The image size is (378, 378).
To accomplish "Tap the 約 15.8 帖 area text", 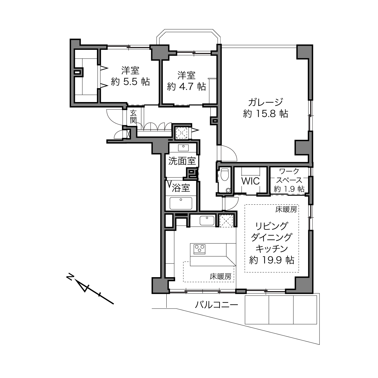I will (265, 114).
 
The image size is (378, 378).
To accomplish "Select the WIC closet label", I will (250, 181).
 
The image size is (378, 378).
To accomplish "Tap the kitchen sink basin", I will (207, 220).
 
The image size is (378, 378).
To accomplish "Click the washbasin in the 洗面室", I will (183, 148).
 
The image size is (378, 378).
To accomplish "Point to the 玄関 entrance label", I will (133, 117).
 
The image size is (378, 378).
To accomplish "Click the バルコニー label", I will (216, 305).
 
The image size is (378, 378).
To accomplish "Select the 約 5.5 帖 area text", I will (130, 82).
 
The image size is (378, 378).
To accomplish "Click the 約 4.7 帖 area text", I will (186, 87).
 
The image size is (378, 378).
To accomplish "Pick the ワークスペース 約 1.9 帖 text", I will (289, 180).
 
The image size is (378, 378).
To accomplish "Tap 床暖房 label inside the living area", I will (286, 209).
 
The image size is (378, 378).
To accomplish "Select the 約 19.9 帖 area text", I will (272, 260).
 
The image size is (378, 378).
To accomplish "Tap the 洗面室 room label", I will (182, 161).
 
